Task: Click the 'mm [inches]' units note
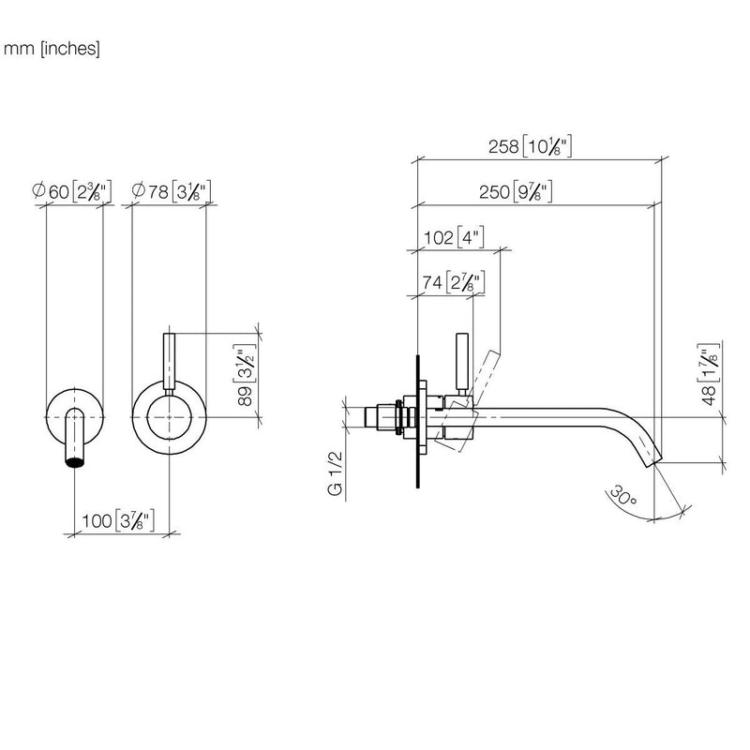point(52,49)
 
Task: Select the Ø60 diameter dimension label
point(72,192)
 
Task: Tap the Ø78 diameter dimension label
point(172,192)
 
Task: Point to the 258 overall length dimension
point(530,146)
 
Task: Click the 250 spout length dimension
point(517,192)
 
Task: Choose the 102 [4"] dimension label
point(454,237)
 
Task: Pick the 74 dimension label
point(454,283)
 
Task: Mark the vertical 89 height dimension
point(245,375)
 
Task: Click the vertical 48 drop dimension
point(709,374)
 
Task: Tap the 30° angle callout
point(622,496)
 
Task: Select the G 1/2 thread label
point(336,473)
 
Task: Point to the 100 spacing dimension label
point(118,520)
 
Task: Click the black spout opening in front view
point(75,461)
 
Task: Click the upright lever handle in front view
point(170,361)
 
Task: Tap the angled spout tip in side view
point(652,457)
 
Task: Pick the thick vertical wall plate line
point(418,421)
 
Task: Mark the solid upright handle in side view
point(461,361)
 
